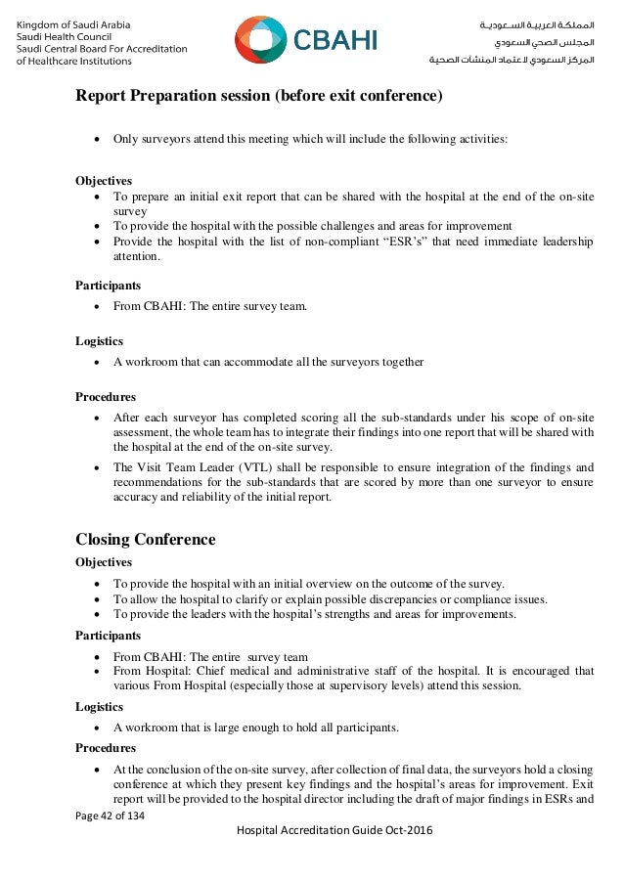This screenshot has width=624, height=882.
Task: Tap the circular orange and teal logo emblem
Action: pyautogui.click(x=259, y=40)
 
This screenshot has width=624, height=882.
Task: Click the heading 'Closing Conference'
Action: pyautogui.click(x=145, y=540)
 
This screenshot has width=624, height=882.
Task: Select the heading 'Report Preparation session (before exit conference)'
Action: pyautogui.click(x=259, y=97)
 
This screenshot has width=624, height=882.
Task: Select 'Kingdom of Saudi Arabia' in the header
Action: pyautogui.click(x=74, y=23)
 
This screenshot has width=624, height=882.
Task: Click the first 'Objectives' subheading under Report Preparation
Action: pyautogui.click(x=104, y=181)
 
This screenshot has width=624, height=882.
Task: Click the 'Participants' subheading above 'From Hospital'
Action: pyautogui.click(x=108, y=636)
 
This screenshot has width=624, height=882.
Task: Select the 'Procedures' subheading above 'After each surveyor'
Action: pyautogui.click(x=106, y=397)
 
